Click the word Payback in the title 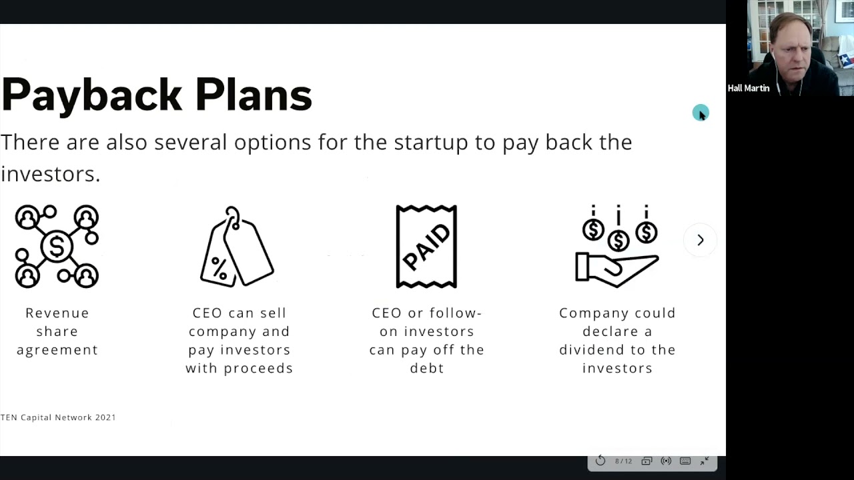click(x=91, y=95)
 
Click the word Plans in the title click(x=254, y=95)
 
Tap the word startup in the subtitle click(x=430, y=142)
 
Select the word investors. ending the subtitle click(x=50, y=174)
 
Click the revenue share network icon click(x=57, y=247)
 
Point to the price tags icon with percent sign click(x=237, y=247)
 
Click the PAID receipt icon click(x=426, y=247)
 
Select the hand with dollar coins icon click(x=617, y=247)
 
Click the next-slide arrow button click(x=700, y=240)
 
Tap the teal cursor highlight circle click(x=700, y=113)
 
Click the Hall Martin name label click(x=748, y=88)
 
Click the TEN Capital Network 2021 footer click(x=58, y=417)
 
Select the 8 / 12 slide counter click(x=623, y=461)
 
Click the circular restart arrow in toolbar click(x=600, y=461)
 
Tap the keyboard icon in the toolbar click(x=685, y=461)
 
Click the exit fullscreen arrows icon click(x=705, y=461)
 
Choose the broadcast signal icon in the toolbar click(x=666, y=461)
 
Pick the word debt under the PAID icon click(x=427, y=368)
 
